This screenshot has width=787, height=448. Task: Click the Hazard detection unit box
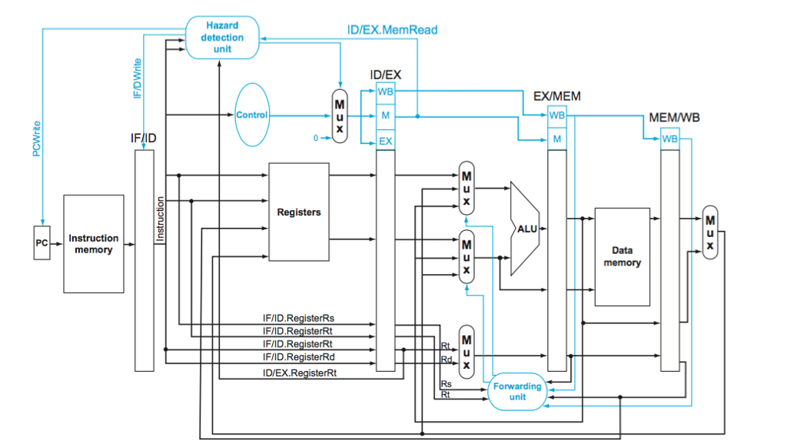coord(223,38)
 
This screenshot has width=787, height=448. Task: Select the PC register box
coord(42,243)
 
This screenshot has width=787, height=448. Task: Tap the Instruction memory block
coord(94,244)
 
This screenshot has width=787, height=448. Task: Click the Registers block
coord(298,212)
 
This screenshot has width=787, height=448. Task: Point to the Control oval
coord(251,115)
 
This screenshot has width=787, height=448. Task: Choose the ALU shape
coord(526,229)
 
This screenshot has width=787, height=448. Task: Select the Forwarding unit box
coord(517,392)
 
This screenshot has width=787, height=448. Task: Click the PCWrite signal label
coord(36,139)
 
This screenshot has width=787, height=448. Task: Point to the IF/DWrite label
coord(138,76)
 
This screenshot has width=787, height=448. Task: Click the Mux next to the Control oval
coord(339,115)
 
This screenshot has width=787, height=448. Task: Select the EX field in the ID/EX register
coord(385,142)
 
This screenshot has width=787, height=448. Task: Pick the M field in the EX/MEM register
coord(557,139)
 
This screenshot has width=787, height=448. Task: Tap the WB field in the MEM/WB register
coord(670,139)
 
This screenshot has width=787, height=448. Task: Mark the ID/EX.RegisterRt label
coord(304,373)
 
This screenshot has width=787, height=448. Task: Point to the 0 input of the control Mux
coord(315,138)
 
